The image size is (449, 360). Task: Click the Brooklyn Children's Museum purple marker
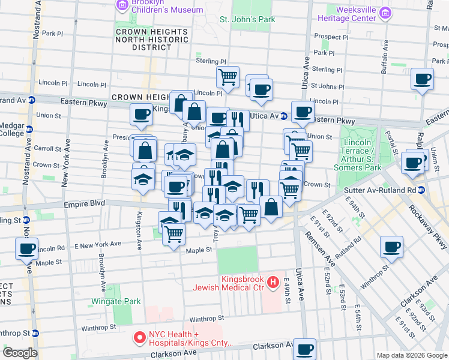(x=122, y=6)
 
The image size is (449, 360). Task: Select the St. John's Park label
(x=247, y=20)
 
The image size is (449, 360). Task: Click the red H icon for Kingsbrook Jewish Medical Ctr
(x=273, y=281)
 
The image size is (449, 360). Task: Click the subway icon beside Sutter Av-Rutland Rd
(x=422, y=190)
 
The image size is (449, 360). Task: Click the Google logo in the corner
(x=19, y=352)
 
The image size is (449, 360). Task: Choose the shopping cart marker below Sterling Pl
(x=228, y=76)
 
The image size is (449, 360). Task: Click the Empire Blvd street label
(x=85, y=204)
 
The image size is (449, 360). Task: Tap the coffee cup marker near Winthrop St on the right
(x=391, y=246)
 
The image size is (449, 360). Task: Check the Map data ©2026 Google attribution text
(x=412, y=355)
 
